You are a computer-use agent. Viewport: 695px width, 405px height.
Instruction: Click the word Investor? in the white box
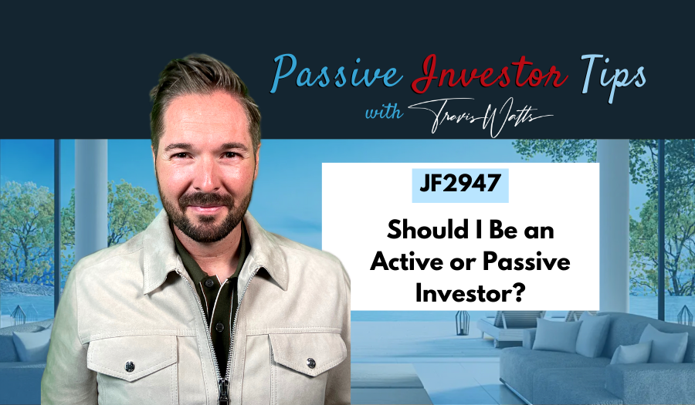click(x=459, y=292)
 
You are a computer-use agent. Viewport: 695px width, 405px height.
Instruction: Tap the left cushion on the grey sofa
click(x=550, y=335)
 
